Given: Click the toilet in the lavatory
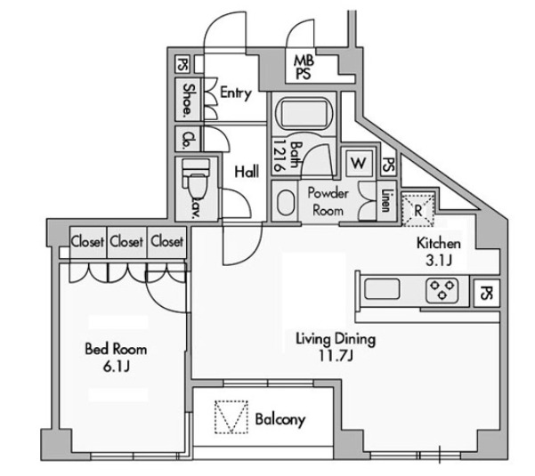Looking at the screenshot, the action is [x=196, y=177].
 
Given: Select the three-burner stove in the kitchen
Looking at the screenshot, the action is [x=442, y=291].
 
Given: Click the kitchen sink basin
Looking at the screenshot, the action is [x=382, y=289].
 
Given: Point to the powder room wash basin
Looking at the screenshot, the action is [x=286, y=203].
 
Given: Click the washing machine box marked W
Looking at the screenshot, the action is [x=359, y=163].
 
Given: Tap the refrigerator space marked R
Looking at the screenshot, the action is [x=418, y=210].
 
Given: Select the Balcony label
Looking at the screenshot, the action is [x=280, y=420].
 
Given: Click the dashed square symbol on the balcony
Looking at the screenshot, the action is [x=231, y=417].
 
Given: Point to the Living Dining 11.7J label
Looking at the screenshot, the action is [x=336, y=347].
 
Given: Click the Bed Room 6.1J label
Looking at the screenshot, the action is [x=116, y=358].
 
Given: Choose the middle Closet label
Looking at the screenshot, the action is [x=126, y=242].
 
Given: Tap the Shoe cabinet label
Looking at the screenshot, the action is [x=188, y=100].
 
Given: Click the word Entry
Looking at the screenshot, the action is [x=236, y=93].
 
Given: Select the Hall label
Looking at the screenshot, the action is [x=247, y=171].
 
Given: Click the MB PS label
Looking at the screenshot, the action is [x=304, y=67].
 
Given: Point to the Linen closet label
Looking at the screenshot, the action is [x=386, y=200].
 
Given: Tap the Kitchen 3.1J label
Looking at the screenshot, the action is [x=439, y=252].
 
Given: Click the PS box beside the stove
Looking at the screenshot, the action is [x=487, y=293].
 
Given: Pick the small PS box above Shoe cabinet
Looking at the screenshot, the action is [x=182, y=64].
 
